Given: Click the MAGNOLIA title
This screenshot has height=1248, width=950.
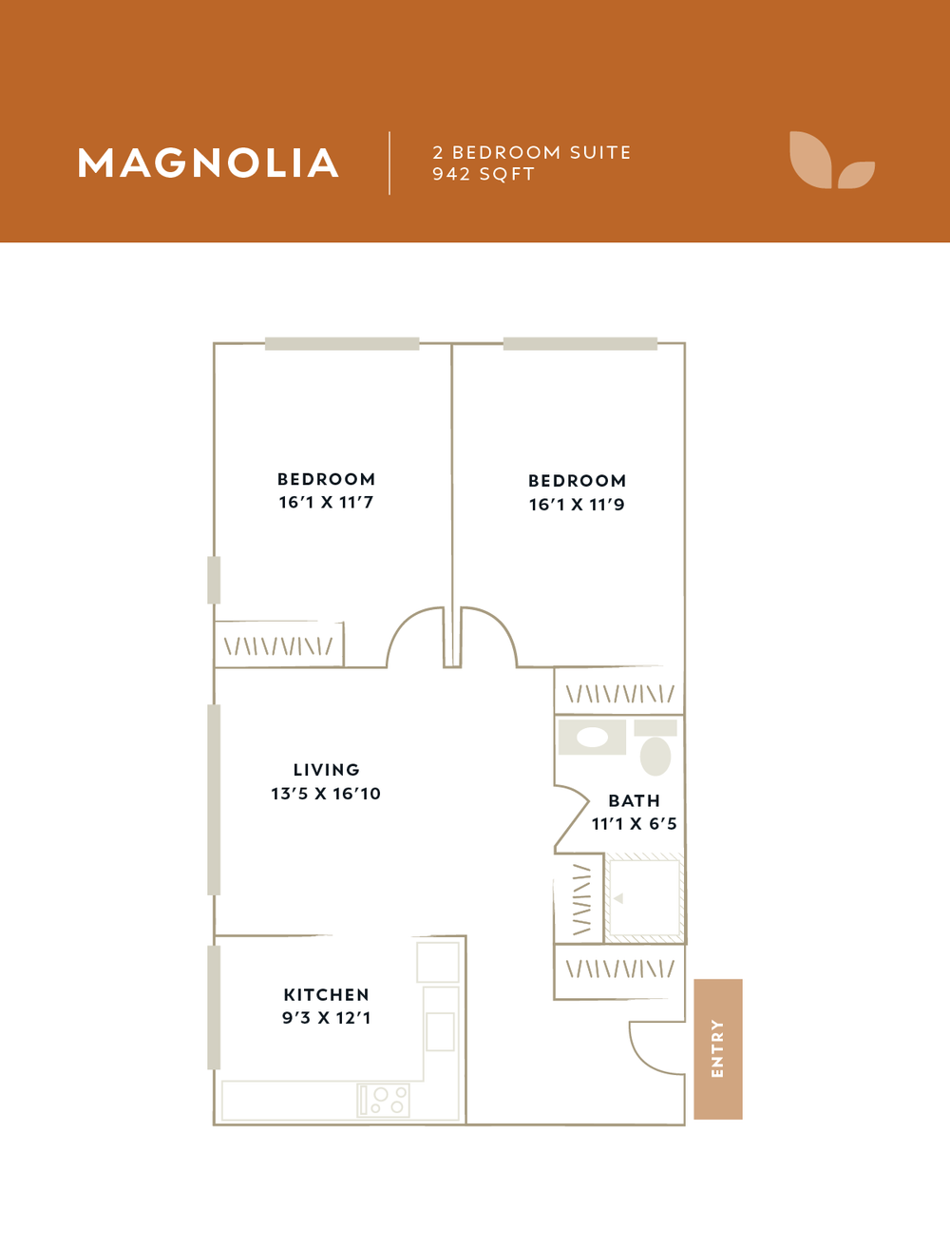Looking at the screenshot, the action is point(208,163).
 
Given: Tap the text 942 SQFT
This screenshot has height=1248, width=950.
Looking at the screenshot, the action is point(484,174).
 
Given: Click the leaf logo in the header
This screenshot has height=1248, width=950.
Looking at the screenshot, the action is point(832,160).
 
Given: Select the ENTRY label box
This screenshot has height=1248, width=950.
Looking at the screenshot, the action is point(718,1049).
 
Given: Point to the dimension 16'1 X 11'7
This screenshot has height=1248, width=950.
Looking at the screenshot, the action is point(326,503).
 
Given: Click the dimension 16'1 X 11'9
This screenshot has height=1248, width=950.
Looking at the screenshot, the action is point(577,505).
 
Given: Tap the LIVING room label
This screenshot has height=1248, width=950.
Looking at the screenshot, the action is point(326,770).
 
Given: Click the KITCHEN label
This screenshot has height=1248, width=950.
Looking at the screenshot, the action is point(326,994).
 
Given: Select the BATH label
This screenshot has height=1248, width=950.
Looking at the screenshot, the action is point(634,800).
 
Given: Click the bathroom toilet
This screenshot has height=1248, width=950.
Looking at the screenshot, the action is point(655,748).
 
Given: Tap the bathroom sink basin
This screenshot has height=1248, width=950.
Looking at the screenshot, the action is point(592,738).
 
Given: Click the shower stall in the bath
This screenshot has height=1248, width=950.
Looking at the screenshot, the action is point(644,898).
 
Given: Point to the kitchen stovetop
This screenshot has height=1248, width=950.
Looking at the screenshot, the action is point(384,1100).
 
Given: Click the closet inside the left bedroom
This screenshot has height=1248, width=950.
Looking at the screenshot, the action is point(279,644).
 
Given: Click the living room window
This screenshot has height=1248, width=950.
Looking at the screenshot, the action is point(214,800).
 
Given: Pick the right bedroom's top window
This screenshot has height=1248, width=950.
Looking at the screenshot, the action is point(580,343).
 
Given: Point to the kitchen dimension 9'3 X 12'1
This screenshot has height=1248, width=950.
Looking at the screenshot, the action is point(326,1018).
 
